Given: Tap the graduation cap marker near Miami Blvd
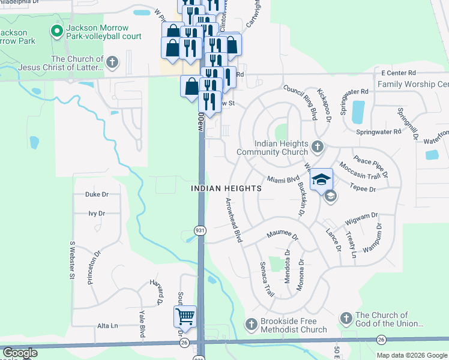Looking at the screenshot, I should pos(321,179).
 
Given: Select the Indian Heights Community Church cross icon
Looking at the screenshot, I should pos(318,146).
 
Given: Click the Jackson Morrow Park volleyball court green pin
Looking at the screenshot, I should pos(58,31).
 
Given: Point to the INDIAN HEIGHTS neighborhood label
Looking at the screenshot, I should pos(226,188).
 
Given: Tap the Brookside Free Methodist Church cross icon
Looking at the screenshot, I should pos(251,324).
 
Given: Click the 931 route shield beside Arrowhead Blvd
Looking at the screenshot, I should pos(200,230).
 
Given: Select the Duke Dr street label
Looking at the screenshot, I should pos(97,194).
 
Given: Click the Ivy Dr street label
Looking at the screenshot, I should pos(97,213).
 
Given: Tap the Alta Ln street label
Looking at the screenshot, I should pos(107,325).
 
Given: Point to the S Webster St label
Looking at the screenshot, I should pos(71,260).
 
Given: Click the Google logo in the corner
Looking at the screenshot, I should pos(19,353).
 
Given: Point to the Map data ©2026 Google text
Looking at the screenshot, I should pos(412,355).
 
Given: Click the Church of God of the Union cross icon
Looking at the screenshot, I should pos(346,318).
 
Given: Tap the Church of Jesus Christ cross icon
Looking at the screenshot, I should pos(112,62).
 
